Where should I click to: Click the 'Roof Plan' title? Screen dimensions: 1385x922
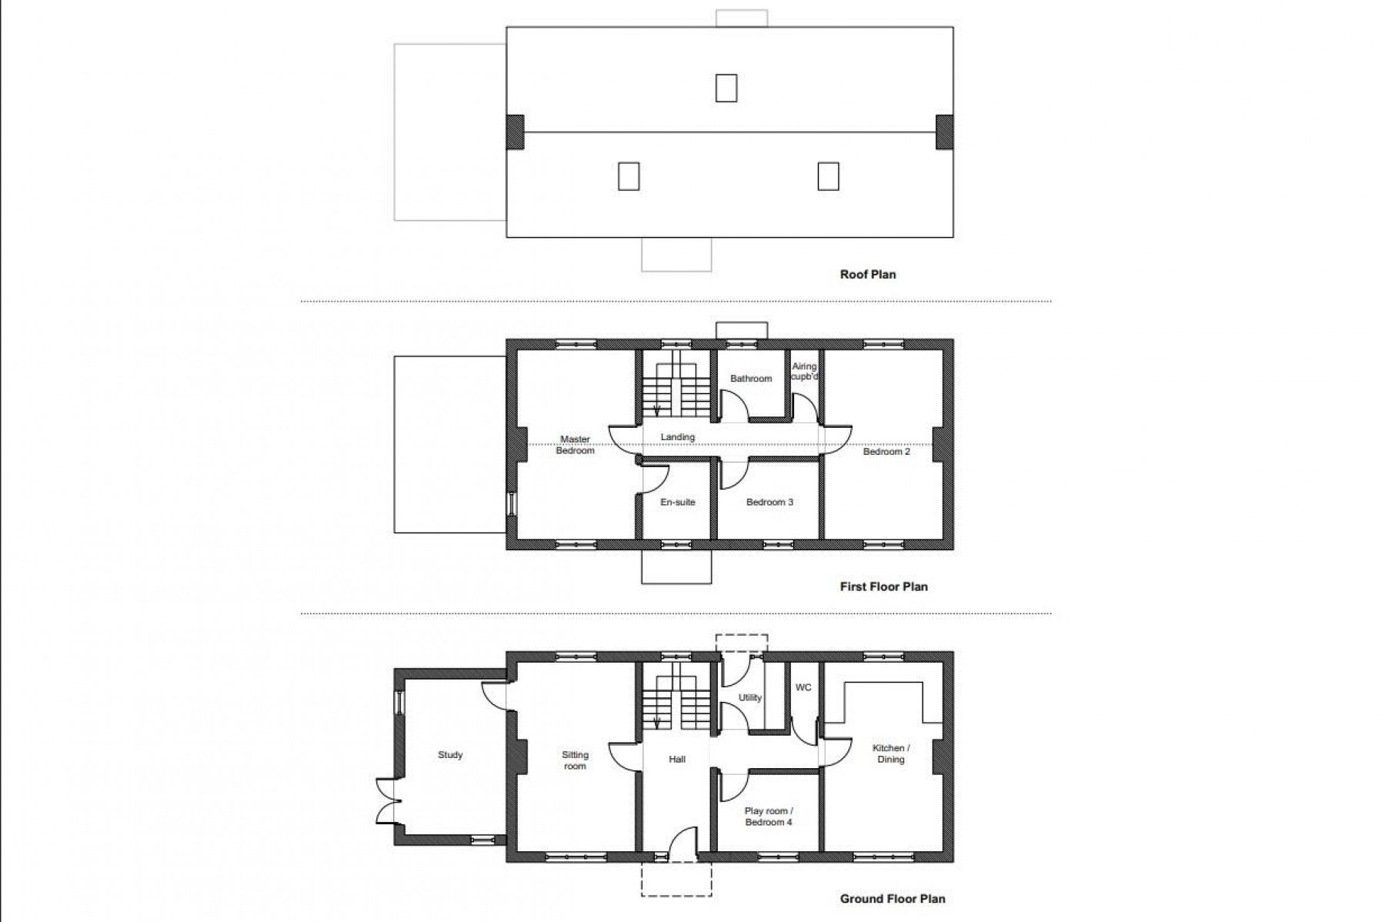[868, 274]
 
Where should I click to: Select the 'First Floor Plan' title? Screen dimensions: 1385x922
[883, 586]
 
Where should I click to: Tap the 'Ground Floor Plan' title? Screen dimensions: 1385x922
[893, 898]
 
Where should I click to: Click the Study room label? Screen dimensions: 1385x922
[450, 755]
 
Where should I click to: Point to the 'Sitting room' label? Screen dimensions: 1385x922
[575, 760]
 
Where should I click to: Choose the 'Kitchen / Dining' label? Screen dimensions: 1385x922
[891, 753]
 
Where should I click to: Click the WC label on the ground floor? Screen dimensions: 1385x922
[803, 687]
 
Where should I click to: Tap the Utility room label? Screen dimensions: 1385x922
[750, 698]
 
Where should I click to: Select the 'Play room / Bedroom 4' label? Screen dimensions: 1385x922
[769, 817]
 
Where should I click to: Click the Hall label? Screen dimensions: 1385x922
[677, 760]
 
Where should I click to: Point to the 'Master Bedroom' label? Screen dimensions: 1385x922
[575, 445]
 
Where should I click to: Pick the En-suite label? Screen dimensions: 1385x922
[678, 503]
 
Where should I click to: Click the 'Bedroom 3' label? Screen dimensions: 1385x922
[769, 503]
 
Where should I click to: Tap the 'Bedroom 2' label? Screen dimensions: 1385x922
[886, 452]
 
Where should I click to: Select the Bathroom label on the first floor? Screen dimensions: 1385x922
[751, 379]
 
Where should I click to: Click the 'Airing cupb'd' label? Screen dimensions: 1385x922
[804, 372]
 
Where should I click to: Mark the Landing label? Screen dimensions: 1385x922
[678, 437]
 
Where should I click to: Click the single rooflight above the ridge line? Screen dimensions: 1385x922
[726, 88]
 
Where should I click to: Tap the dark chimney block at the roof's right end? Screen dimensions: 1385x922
[944, 132]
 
